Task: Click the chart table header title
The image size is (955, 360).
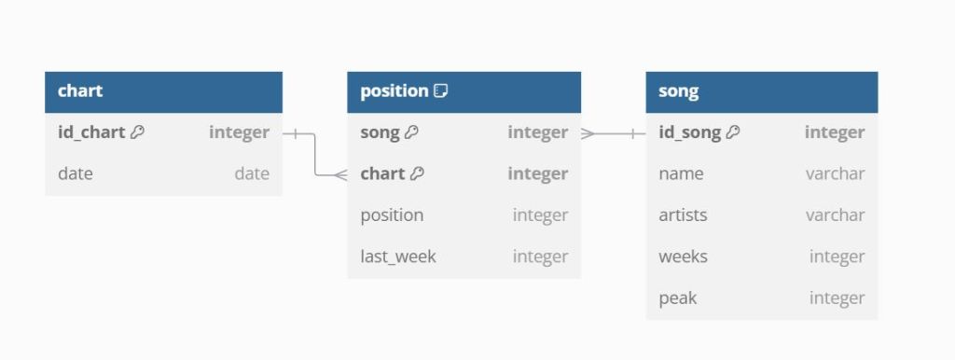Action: click(80, 90)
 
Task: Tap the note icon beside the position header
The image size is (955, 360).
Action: click(441, 91)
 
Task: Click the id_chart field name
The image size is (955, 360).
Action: click(91, 132)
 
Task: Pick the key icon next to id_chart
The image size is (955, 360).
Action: click(138, 132)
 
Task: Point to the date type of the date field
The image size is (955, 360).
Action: click(252, 173)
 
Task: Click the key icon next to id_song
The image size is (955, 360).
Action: click(733, 132)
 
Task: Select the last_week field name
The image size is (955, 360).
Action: click(397, 256)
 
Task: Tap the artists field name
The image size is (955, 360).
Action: click(683, 215)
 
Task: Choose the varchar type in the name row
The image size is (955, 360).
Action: click(835, 173)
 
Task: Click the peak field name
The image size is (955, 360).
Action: click(677, 298)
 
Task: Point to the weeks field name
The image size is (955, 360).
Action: click(683, 256)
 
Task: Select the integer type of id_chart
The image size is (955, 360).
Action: click(239, 132)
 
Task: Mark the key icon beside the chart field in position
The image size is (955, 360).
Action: click(417, 173)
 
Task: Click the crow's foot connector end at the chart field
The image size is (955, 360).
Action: click(340, 175)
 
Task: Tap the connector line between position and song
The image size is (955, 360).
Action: click(614, 133)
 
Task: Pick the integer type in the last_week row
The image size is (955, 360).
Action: click(540, 256)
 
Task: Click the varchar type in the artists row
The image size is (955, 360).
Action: click(835, 215)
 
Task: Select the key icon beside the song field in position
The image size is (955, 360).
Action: click(411, 132)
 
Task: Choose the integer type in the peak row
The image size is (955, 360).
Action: click(837, 298)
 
